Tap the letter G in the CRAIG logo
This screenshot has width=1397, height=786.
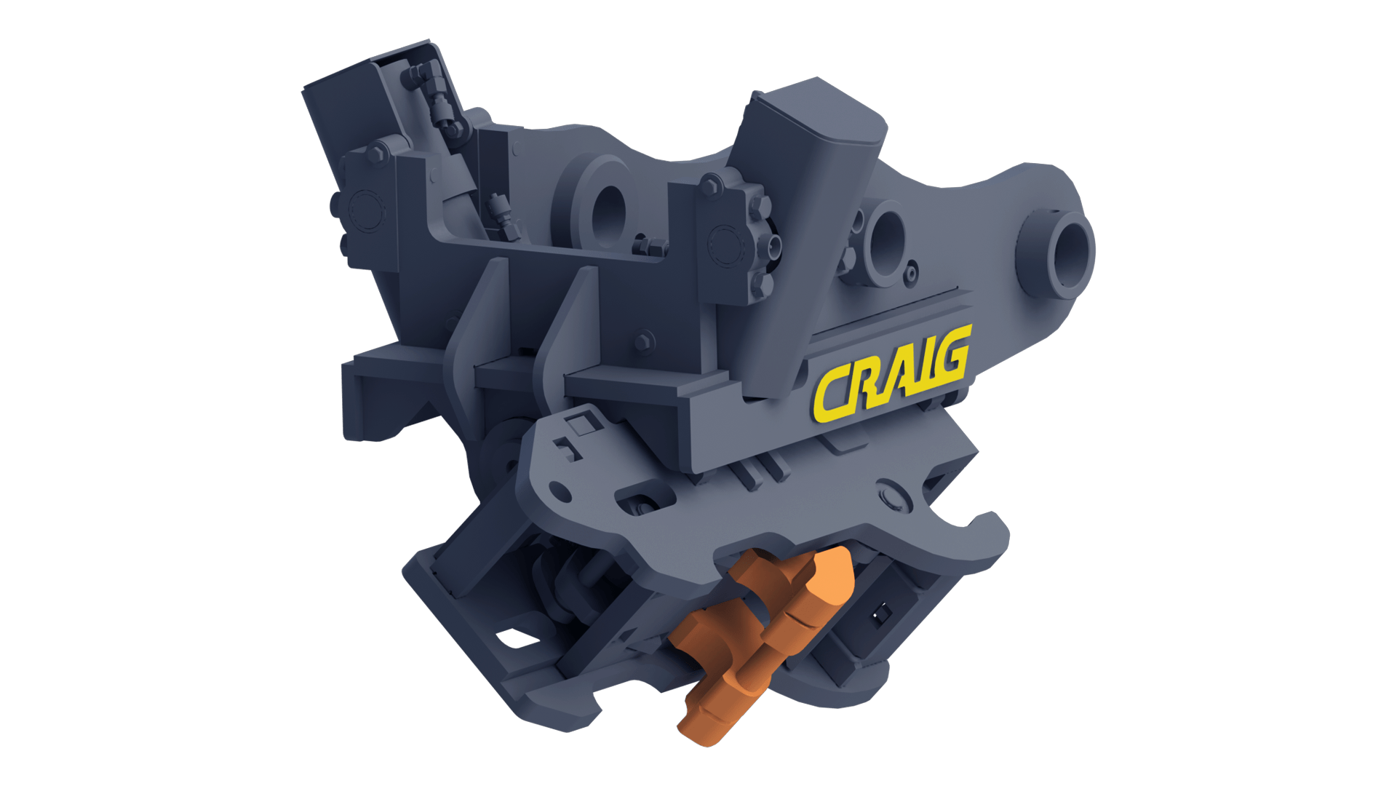coord(950,356)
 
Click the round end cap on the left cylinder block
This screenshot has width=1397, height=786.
coord(363,211)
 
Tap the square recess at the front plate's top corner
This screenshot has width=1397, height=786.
coord(581,423)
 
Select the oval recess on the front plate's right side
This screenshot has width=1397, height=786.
coord(893,496)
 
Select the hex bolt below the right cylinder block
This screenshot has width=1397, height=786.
coord(643,341)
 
